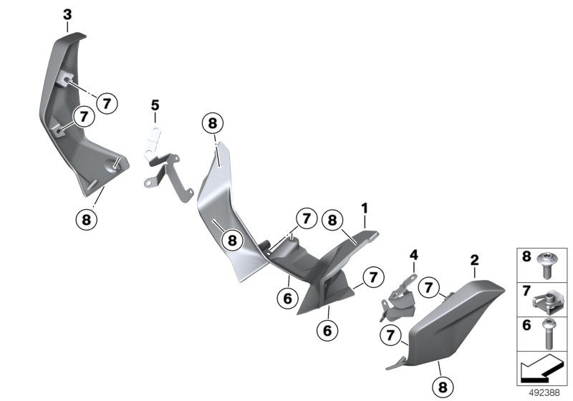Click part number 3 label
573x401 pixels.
point(67,14)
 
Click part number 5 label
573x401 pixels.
point(155,106)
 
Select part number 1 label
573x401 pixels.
point(365,208)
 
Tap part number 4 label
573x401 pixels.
point(413,254)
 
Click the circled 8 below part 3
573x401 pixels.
point(86,218)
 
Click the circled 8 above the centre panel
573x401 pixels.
point(213,123)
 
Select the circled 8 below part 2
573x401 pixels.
point(441,385)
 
